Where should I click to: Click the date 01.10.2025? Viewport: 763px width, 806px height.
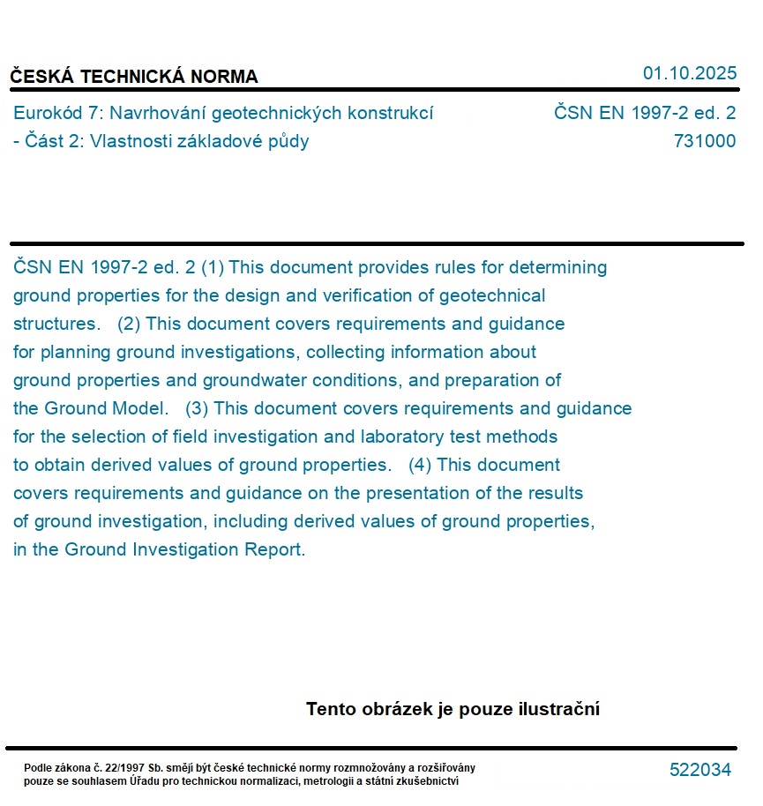coord(689,73)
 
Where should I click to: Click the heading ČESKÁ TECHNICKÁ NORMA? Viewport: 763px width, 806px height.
coord(134,77)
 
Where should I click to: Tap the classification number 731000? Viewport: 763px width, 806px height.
coord(705,141)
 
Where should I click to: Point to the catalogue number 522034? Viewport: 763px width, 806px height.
coord(700,770)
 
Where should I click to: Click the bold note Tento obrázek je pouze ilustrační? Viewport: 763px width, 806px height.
coord(453,709)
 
